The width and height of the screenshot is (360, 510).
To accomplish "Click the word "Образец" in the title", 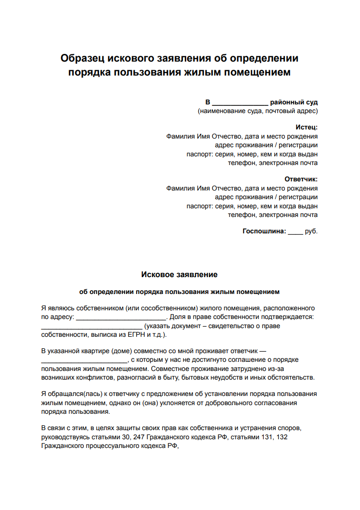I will [x=82, y=58].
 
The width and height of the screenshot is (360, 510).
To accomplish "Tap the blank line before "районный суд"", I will [x=240, y=102].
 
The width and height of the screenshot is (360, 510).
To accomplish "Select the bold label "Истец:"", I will [x=307, y=127].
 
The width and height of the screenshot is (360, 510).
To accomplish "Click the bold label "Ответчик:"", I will [x=301, y=179].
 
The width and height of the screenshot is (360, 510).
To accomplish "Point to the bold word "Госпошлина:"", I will [x=264, y=231].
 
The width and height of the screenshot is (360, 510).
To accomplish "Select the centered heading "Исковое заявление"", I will [x=180, y=275].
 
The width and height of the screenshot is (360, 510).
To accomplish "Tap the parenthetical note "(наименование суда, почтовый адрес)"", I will [x=257, y=111].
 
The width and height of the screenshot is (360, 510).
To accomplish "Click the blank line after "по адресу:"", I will [x=121, y=317].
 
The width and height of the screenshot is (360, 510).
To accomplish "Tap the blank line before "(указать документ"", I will [x=89, y=326].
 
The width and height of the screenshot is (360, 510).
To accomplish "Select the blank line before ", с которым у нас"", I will [x=84, y=360].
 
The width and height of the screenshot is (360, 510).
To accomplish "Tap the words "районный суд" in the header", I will [x=294, y=102].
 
